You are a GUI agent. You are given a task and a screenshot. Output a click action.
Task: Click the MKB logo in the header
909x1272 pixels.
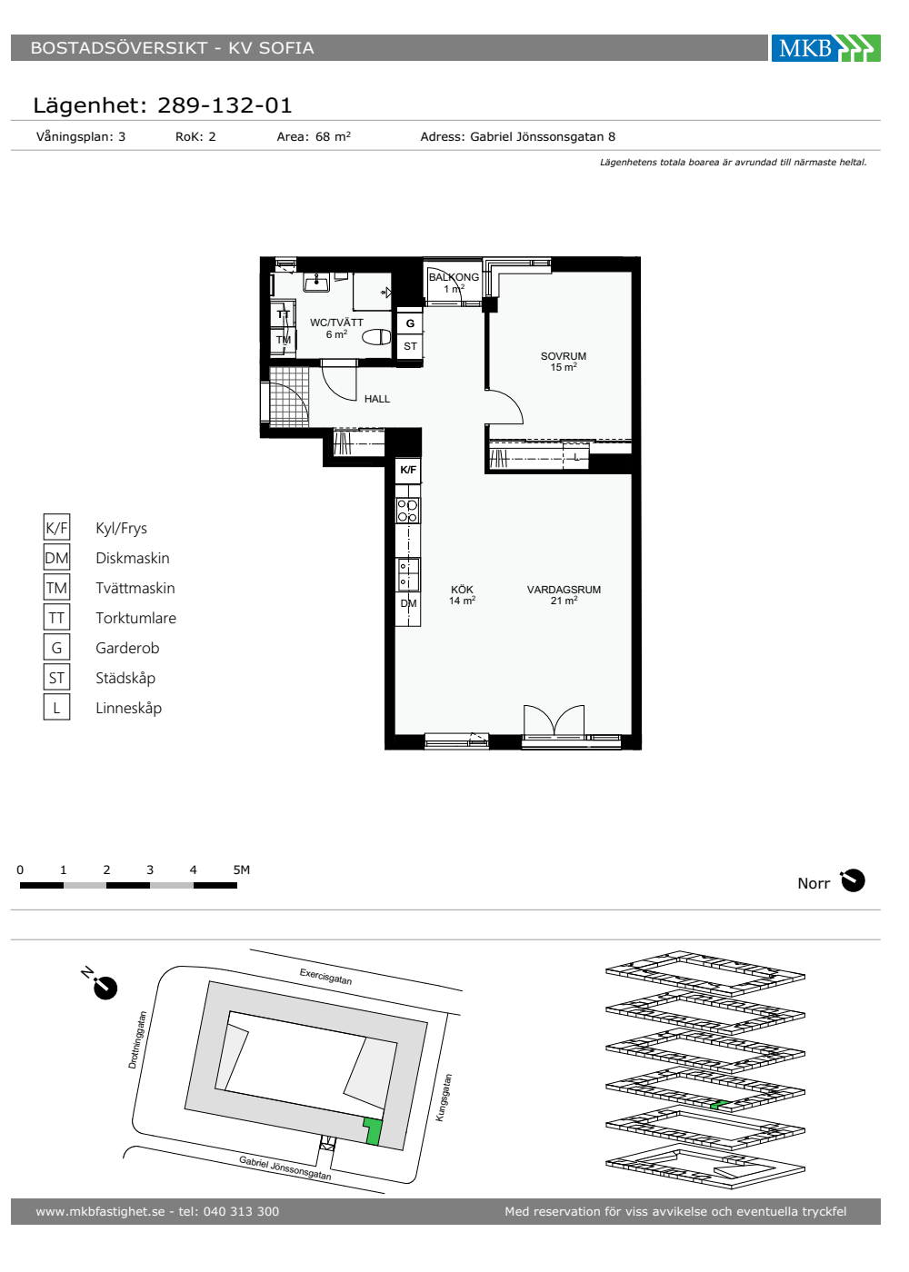point(825,47)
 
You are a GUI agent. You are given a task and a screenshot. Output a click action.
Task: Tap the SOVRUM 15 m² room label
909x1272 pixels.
point(563,362)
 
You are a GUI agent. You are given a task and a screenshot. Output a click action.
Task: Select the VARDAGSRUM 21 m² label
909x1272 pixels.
point(564,594)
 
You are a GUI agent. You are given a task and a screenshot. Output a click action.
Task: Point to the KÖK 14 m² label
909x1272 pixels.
point(462,594)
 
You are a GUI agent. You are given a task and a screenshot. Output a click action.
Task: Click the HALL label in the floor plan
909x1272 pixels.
point(376,399)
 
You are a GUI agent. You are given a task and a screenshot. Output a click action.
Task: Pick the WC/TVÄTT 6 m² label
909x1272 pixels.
point(336,328)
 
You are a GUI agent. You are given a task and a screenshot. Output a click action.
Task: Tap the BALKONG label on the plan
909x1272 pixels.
point(454,277)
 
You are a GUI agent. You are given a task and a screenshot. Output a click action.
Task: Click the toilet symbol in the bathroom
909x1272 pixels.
point(376,337)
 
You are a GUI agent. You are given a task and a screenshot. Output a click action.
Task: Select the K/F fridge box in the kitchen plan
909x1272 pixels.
point(408,470)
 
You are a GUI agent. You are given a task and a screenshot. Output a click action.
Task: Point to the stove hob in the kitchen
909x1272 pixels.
point(408,510)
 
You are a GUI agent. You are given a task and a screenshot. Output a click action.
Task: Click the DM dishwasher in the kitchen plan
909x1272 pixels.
point(408,603)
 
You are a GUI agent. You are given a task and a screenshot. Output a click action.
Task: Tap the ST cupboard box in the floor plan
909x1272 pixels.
point(410,346)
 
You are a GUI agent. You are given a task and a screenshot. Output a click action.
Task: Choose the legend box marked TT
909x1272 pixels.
point(56,617)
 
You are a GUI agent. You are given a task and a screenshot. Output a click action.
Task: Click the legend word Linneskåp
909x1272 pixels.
point(128,708)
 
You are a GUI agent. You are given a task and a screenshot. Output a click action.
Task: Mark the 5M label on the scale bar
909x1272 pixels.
point(242,870)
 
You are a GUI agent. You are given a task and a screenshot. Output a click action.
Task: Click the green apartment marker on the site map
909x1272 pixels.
point(373,1130)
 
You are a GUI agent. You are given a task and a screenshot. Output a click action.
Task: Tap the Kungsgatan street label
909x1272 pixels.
point(444,1098)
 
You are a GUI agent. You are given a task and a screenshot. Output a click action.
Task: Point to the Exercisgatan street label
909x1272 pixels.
point(325,976)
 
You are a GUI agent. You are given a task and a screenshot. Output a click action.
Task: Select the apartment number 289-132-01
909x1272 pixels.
point(225,105)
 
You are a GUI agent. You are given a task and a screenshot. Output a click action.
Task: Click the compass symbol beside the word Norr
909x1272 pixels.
point(853,880)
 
